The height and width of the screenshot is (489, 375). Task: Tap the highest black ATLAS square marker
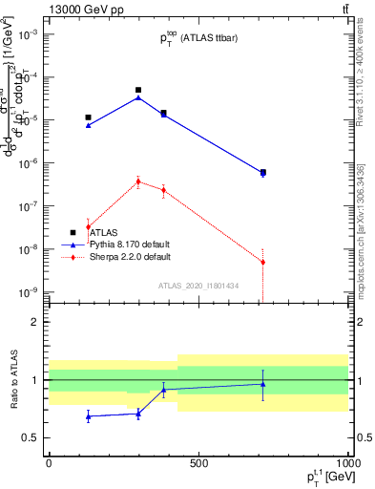coord(138,90)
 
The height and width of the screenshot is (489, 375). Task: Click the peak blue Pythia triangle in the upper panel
coord(138,97)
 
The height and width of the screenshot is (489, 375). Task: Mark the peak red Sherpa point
coord(138,181)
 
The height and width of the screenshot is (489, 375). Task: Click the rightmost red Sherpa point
coord(263,262)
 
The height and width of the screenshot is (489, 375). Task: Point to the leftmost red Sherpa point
coord(88,227)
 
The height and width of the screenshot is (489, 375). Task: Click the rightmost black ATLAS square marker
coord(263,172)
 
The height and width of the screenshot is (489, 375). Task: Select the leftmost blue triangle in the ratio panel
coord(88,416)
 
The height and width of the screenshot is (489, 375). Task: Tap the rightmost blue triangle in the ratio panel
coord(263,384)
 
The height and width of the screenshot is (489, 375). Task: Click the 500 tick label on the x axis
coord(198,463)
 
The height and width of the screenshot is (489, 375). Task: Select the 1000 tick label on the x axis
coord(346,463)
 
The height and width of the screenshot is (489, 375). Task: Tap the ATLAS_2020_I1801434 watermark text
coord(198,286)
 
